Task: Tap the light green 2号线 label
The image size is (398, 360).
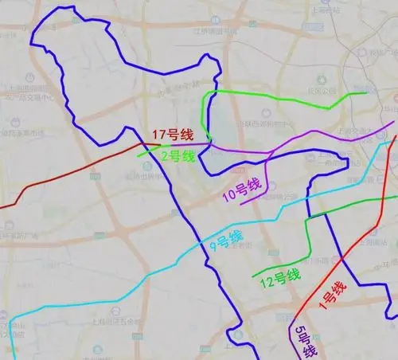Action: pos(178,155)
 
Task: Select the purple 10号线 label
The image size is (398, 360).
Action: pos(241,192)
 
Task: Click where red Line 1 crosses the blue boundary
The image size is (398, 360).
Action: pos(341,257)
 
